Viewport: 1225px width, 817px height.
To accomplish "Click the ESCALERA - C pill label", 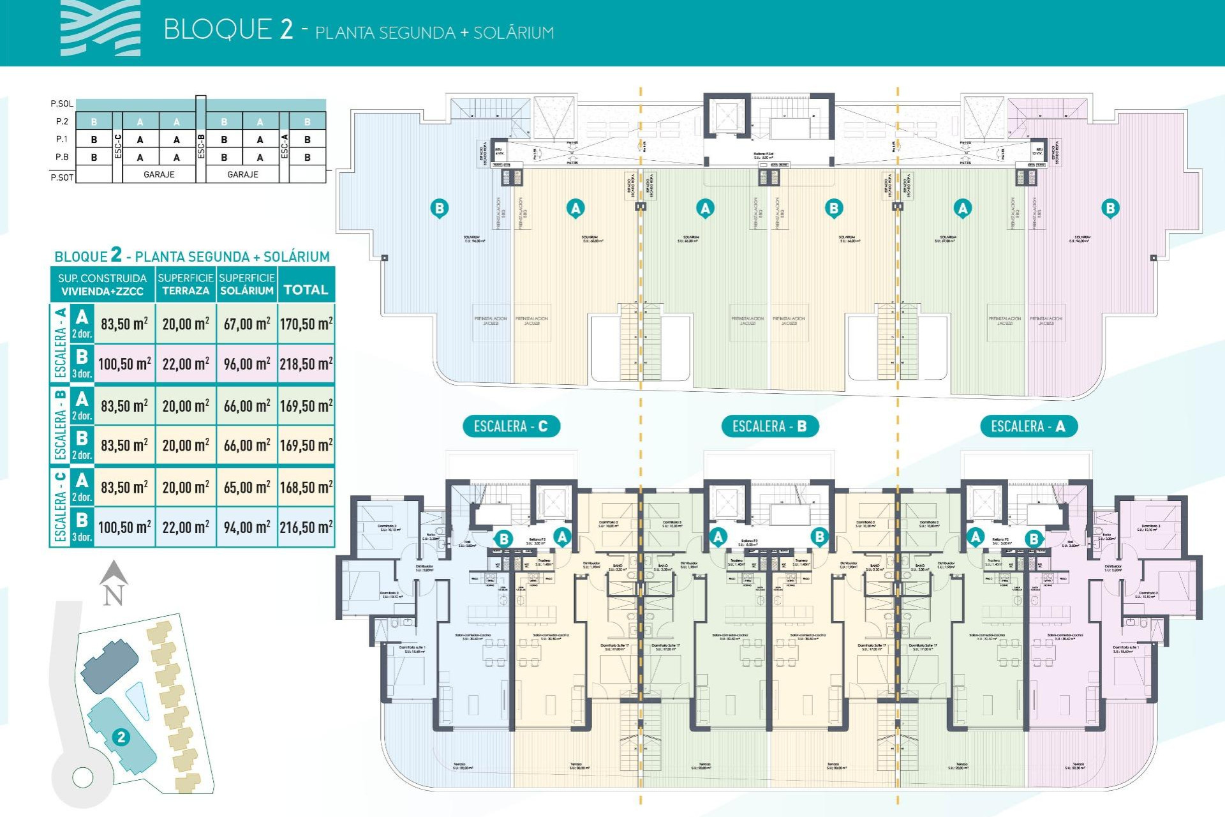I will pos(511,426).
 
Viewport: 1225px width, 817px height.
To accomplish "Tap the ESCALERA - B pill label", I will pos(769,426).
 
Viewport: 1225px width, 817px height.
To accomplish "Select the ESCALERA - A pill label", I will pos(1028,426).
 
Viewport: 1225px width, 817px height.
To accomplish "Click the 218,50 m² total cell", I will pos(306,364).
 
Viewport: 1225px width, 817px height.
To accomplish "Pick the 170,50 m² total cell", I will pos(306,324).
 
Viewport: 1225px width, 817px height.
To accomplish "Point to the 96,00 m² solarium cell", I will pos(247,364).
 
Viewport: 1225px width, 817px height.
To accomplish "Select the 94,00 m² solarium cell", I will pos(247,527).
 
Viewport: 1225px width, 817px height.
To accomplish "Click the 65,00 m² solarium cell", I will pos(247,487).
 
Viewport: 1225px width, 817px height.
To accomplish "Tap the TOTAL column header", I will pos(306,290).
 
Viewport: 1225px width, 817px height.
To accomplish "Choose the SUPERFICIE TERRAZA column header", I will pos(186,284).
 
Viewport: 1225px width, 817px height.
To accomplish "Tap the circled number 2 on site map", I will pos(121,737).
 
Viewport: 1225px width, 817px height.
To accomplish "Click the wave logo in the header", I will pos(101,29).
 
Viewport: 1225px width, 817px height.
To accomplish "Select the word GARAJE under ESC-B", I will pos(242,174).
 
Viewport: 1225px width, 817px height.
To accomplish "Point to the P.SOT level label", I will pos(62,177).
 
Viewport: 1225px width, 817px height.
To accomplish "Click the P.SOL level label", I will pos(62,103).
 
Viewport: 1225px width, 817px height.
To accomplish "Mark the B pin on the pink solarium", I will pos(1110,208).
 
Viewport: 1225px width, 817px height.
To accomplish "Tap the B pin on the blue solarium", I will pos(439,208).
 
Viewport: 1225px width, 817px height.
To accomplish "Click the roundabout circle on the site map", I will pos(83,777).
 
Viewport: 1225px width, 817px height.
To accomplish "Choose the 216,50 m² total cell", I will pos(306,527).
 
